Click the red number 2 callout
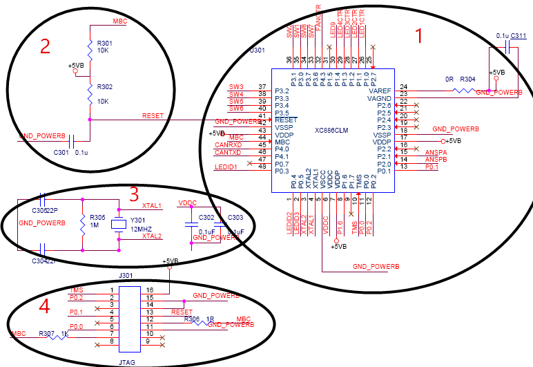(45, 46)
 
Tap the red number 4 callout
(44, 305)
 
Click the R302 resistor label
(105, 88)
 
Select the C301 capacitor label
(61, 152)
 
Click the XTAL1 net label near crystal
(152, 205)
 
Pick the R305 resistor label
(98, 217)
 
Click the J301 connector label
(126, 275)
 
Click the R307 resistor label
(47, 334)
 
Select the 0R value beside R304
(448, 79)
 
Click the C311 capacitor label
(519, 36)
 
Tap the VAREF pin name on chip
(380, 91)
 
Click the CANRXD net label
(227, 144)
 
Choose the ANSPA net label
(436, 151)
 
